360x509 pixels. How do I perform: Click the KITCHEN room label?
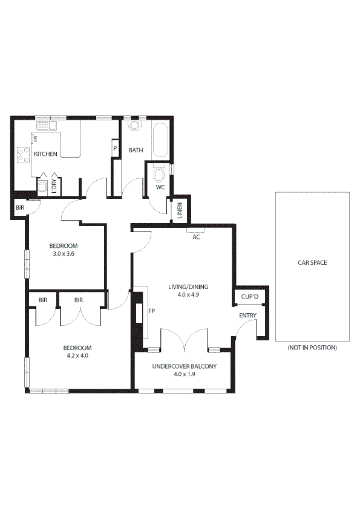[45, 154]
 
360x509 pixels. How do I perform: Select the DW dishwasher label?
[35, 139]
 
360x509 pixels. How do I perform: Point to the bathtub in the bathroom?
[161, 140]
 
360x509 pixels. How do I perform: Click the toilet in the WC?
[160, 175]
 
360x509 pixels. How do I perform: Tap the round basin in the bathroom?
[134, 126]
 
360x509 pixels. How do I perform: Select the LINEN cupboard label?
[180, 211]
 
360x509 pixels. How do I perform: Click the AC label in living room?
[196, 237]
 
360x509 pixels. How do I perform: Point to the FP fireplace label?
[151, 311]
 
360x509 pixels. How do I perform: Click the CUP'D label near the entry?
[250, 297]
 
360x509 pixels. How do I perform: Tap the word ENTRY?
[247, 316]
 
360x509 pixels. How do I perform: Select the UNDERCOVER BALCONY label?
[184, 366]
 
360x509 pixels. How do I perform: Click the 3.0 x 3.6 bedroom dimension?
[63, 254]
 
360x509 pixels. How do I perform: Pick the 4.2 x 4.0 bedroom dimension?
[77, 355]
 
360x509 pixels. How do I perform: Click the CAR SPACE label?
[312, 263]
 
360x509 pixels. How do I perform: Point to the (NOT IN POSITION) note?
[312, 348]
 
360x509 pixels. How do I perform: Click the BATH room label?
[136, 150]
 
